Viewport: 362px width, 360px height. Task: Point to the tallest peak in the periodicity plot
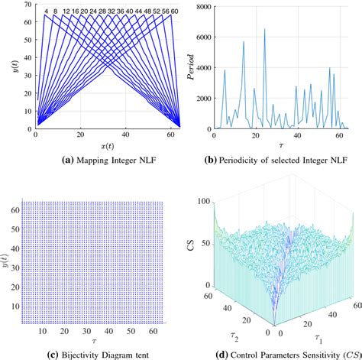(x=265, y=30)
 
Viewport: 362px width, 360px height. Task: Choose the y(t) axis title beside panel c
(x=9, y=253)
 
